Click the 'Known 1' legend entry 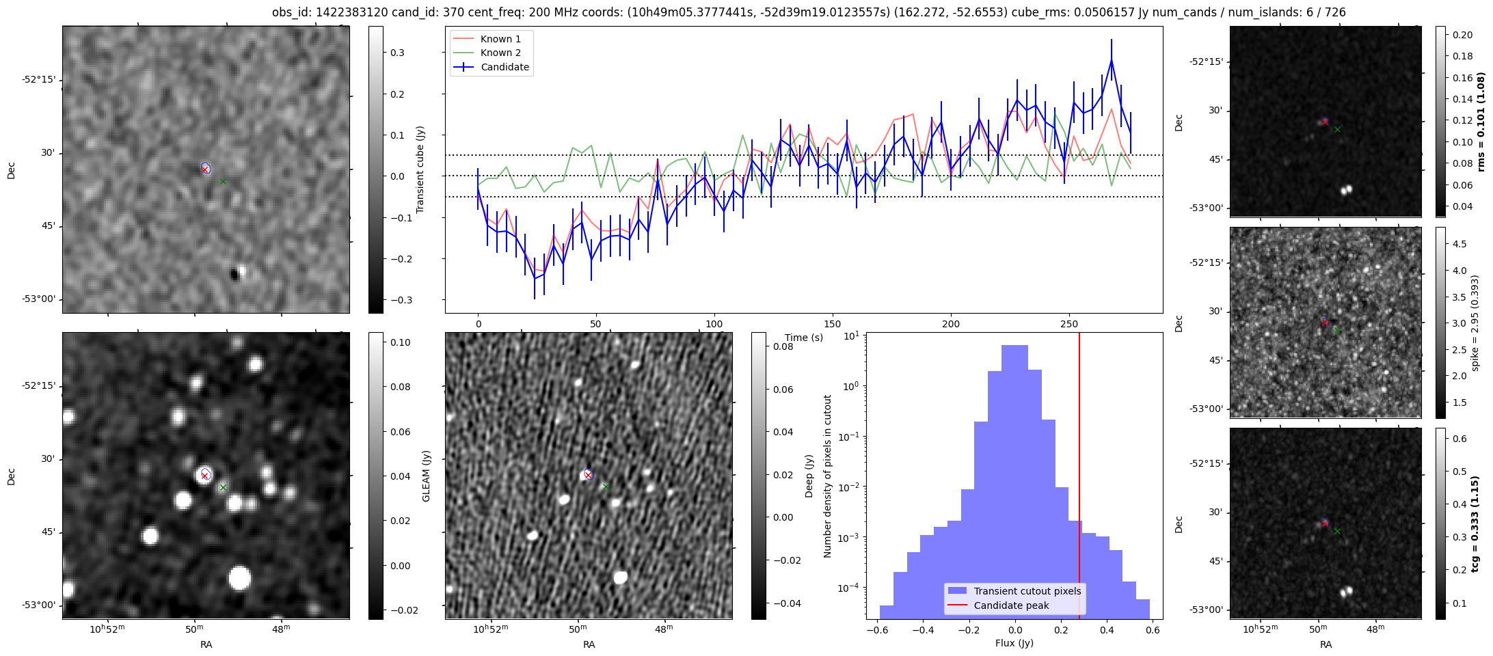(500, 39)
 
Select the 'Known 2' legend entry (500, 53)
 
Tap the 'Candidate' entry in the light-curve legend (505, 67)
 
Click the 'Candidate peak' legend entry (1011, 605)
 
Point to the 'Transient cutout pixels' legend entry (1027, 591)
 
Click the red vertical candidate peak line (1079, 478)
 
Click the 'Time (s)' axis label (804, 338)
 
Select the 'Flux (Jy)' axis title (1014, 643)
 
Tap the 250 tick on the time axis (1068, 324)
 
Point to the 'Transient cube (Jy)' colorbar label (420, 169)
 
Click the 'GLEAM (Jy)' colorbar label (427, 476)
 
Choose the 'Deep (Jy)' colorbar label (809, 476)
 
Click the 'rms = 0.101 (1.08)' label (1481, 122)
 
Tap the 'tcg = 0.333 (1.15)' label (1481, 523)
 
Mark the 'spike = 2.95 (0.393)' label (1475, 323)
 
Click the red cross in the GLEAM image (204, 476)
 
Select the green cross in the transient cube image (223, 181)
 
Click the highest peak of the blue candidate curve (1112, 60)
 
